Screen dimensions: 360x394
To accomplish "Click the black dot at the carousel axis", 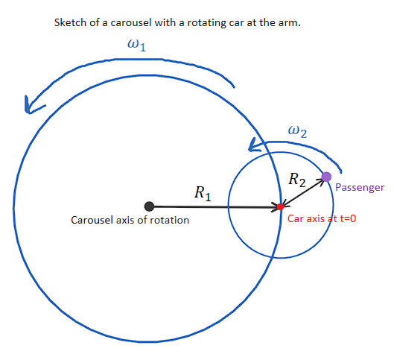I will coord(149,206).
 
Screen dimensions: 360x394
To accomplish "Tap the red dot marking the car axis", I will coord(280,206).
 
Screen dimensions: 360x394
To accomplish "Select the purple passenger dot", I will coord(326,177).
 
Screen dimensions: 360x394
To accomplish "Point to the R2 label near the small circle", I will coord(296,179).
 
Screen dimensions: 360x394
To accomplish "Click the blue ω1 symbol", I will coord(138,46).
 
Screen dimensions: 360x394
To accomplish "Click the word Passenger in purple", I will coord(360,188).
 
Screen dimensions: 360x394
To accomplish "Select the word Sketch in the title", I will coord(70,22).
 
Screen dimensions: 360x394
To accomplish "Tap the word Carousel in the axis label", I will coord(91,220).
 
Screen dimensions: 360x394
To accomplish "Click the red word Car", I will coord(296,219).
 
